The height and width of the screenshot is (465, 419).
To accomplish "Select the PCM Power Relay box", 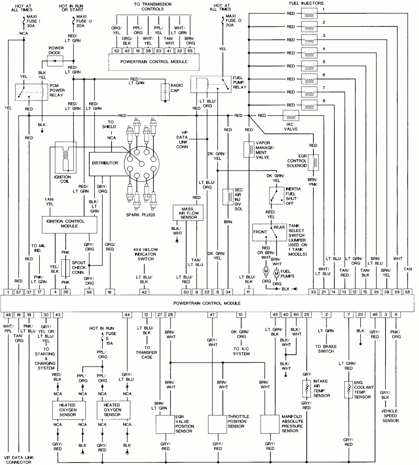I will (31, 92).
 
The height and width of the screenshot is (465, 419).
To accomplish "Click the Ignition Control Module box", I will (69, 225).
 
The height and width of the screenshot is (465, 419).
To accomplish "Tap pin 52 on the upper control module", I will (116, 51).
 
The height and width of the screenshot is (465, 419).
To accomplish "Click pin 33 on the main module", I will (313, 292).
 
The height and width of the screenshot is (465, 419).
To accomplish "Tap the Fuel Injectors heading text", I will (306, 3).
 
